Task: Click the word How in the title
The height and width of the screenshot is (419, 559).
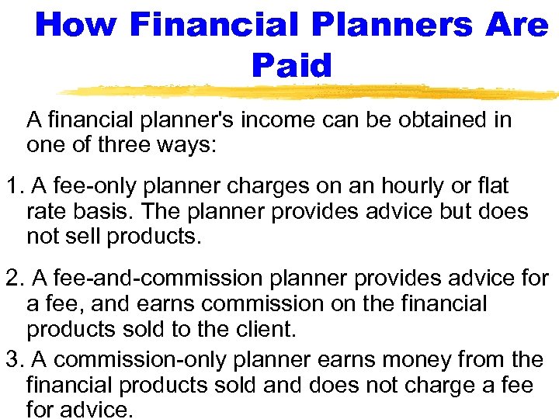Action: click(75, 25)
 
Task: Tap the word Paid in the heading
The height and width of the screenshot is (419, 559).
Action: click(291, 65)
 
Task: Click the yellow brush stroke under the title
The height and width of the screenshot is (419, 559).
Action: click(311, 92)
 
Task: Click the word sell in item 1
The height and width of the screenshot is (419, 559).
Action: click(82, 236)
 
